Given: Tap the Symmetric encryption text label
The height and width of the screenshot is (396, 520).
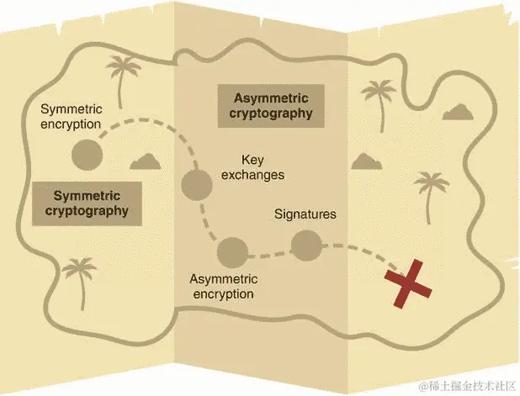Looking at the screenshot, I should [71, 118].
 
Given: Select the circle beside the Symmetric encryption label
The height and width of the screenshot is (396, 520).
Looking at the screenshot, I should [86, 155].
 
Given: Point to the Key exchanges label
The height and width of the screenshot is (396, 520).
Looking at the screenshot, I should [252, 167].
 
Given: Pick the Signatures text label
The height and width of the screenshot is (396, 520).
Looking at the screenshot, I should [305, 214].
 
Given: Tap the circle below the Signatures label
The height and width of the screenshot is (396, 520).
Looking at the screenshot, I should [306, 246].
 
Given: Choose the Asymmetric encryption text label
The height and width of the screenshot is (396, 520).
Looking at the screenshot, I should [222, 287].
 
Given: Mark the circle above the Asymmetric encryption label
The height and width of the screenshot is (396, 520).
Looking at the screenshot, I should [232, 251].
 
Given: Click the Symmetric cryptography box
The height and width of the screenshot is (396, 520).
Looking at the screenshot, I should [87, 203].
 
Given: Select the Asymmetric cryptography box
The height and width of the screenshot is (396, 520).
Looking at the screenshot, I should [271, 105].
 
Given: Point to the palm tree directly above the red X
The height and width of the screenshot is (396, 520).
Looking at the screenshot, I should [432, 193].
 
